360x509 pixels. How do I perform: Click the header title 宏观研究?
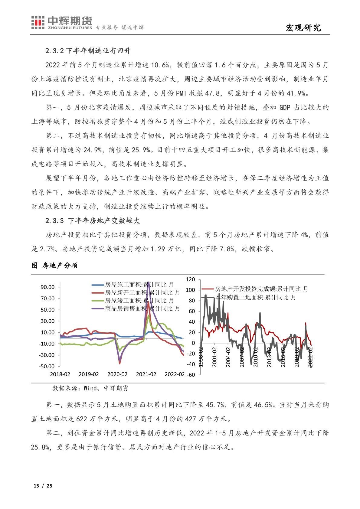click(303, 28)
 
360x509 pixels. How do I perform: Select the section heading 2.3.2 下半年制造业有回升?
click(88, 51)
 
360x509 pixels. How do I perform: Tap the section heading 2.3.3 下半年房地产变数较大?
click(93, 221)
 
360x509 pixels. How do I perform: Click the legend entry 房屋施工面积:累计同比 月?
click(139, 285)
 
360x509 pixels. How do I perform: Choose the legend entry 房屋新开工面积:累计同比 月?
click(142, 292)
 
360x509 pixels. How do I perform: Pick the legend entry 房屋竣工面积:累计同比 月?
click(139, 300)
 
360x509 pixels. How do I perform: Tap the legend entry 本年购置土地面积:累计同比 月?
click(256, 297)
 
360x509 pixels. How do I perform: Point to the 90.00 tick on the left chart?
click(48, 287)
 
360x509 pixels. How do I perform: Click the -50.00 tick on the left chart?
click(47, 366)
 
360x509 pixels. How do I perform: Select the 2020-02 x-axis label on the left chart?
click(117, 374)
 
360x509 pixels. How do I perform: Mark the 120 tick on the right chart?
click(191, 279)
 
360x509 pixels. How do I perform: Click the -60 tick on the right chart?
click(191, 375)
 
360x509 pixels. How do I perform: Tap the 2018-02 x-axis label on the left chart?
click(60, 374)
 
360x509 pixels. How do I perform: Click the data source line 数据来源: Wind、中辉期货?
click(90, 388)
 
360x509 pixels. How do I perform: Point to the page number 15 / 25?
click(43, 486)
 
